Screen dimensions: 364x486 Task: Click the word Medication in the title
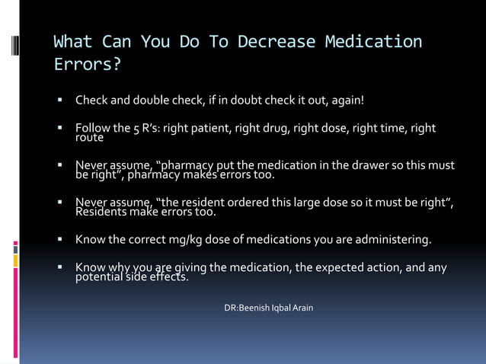pos(373,41)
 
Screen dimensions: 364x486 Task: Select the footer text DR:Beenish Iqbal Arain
pos(268,308)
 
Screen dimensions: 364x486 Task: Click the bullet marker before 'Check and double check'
pos(58,101)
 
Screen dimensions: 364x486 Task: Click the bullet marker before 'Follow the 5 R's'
pos(58,128)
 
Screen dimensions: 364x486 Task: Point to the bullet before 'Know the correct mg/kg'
pos(58,241)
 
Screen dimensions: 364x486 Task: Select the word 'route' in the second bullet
pos(89,138)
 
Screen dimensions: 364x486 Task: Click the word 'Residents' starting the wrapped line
pos(101,212)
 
